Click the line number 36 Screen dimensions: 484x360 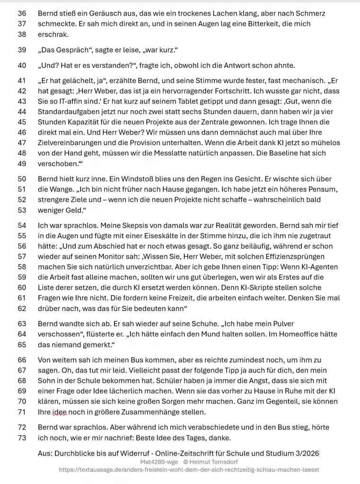[22, 14]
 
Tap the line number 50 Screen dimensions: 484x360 [22, 179]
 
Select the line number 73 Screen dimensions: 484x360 [22, 438]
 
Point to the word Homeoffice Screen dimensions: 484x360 [300, 334]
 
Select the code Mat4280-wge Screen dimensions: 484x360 [159, 462]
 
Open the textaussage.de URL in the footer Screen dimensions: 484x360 [189, 470]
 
